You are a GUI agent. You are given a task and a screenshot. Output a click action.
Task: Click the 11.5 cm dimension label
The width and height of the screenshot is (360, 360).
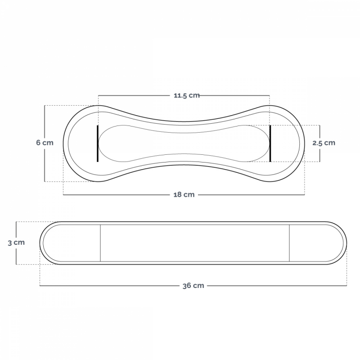click(x=186, y=95)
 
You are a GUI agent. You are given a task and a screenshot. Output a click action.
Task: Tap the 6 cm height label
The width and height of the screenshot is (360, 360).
click(x=45, y=143)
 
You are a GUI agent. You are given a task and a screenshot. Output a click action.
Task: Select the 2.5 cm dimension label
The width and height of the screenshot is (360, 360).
click(x=324, y=143)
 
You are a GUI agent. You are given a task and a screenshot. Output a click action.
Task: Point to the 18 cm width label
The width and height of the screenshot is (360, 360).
click(x=184, y=195)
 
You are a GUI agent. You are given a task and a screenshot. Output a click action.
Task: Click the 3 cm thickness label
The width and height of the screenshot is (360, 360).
click(x=16, y=243)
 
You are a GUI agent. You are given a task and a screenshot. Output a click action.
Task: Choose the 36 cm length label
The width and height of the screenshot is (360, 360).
click(x=193, y=286)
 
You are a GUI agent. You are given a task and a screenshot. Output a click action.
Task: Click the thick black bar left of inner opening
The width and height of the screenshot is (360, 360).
click(x=98, y=144)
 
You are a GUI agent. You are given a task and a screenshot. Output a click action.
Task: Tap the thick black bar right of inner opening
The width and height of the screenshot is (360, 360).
click(x=270, y=144)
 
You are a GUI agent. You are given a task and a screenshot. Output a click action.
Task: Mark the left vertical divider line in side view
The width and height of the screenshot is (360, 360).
click(x=100, y=243)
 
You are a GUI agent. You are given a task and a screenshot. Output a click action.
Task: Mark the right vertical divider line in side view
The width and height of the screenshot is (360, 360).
click(x=289, y=243)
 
